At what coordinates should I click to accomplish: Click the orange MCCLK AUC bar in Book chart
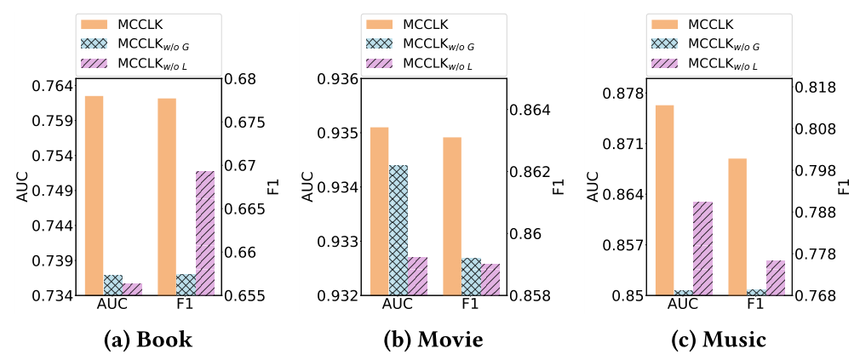pos(94,196)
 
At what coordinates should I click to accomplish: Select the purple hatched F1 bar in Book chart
pos(204,233)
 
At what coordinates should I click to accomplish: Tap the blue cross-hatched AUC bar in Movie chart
pos(398,230)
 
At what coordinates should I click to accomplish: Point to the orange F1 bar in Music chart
pos(737,227)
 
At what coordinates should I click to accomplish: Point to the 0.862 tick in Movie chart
pos(529,172)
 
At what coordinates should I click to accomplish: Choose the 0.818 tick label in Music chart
pos(814,88)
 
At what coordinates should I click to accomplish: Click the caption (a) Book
pos(148,340)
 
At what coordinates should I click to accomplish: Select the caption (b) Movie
pos(433,340)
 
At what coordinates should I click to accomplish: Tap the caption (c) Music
pos(718,340)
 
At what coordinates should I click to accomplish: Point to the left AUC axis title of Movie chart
pos(308,187)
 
